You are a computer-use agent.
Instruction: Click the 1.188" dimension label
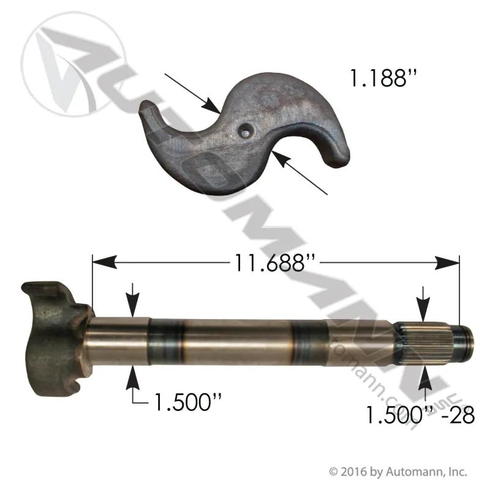[383, 78]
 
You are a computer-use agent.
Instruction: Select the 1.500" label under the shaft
[188, 402]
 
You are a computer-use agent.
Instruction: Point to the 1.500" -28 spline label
[420, 415]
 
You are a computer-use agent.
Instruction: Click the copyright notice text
[398, 471]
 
